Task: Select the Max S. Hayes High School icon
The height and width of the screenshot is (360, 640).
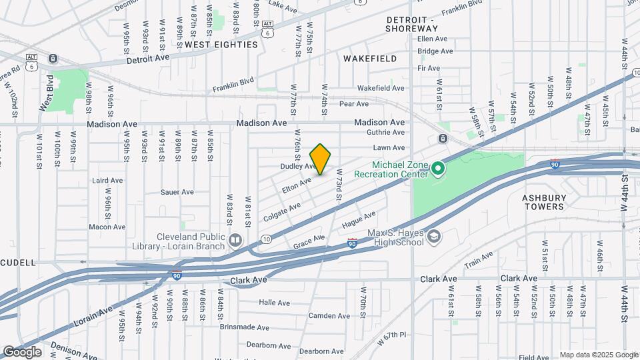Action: click(434, 237)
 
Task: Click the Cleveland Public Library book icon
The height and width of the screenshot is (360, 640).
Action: click(235, 239)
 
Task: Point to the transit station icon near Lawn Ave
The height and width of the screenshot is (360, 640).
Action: click(442, 138)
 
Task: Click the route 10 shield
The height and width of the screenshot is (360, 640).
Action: click(266, 239)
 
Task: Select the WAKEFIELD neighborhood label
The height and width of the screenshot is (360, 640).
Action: click(370, 59)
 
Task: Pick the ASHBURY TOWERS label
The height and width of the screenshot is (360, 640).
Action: click(543, 202)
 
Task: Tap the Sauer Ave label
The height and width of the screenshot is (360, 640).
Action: click(177, 192)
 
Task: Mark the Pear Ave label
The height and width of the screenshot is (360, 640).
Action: click(353, 104)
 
